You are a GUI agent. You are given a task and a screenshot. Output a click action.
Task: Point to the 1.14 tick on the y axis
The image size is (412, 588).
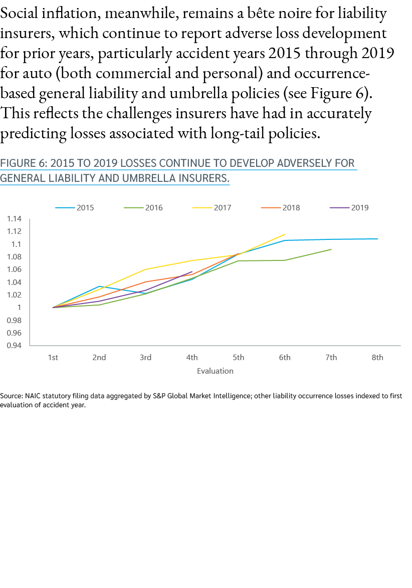(x=15, y=219)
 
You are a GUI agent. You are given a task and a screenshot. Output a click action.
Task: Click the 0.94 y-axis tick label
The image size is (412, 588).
(x=15, y=345)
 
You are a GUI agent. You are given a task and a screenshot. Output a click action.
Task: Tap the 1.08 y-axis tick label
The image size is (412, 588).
(x=15, y=257)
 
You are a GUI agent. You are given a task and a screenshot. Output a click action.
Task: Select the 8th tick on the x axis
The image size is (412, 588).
(x=377, y=357)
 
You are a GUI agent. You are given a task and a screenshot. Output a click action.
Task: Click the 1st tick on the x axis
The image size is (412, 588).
(x=53, y=357)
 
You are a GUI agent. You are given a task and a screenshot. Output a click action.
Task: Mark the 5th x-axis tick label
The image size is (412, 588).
(x=238, y=357)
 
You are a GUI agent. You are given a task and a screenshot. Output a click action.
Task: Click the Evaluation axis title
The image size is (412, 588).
(x=215, y=371)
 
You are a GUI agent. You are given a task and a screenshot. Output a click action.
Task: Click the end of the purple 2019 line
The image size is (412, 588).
(x=192, y=271)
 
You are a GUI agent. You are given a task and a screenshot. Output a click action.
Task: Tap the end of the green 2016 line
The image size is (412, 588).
(x=331, y=249)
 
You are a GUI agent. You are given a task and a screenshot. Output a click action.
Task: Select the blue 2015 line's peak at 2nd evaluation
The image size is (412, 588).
(x=99, y=286)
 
